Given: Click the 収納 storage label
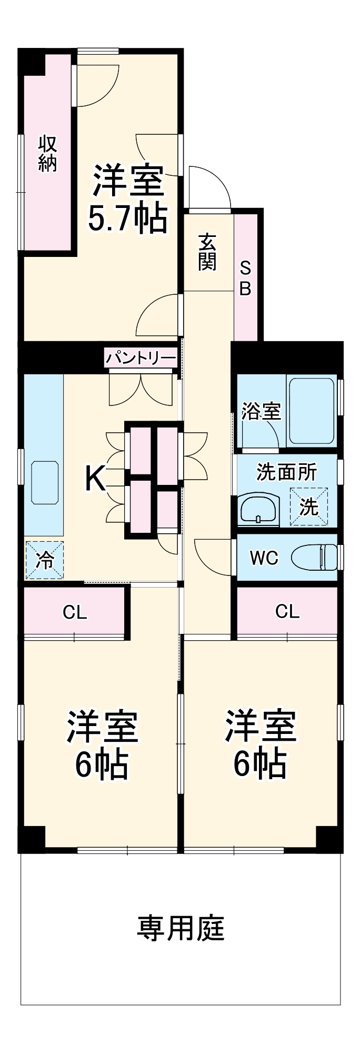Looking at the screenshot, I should pyautogui.click(x=47, y=153).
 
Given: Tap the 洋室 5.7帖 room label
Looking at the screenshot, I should pyautogui.click(x=127, y=198).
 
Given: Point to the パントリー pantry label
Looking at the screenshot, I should pyautogui.click(x=140, y=359).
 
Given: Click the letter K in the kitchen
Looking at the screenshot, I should pyautogui.click(x=95, y=479).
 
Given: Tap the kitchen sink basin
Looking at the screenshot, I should pyautogui.click(x=46, y=482).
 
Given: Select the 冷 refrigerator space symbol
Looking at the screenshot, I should pyautogui.click(x=44, y=560).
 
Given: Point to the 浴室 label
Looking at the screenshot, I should pyautogui.click(x=261, y=411).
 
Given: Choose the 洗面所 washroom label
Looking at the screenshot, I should pyautogui.click(x=287, y=472).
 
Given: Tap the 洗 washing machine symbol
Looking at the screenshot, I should pyautogui.click(x=309, y=506).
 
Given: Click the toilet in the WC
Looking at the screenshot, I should pyautogui.click(x=314, y=557).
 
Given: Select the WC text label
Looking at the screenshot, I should pyautogui.click(x=264, y=558).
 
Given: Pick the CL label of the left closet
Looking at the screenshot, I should pyautogui.click(x=75, y=612).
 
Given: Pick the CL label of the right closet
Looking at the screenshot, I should pyautogui.click(x=287, y=611).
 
